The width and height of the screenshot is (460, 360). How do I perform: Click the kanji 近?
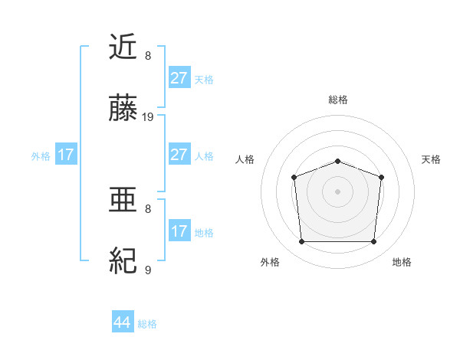(124, 48)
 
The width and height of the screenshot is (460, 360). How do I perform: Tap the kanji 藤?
(124, 110)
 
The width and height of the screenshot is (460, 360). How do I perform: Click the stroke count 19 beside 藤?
(148, 117)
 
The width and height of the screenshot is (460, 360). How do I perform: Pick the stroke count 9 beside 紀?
(148, 270)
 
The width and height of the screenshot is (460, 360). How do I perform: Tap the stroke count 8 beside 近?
(148, 55)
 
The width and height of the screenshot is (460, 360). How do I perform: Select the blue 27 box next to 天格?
(179, 77)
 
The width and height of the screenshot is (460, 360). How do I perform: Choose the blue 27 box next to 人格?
(179, 155)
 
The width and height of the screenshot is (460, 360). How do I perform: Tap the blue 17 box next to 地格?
(179, 231)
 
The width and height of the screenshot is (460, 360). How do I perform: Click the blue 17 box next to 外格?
(66, 155)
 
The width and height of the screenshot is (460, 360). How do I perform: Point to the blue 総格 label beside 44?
(147, 324)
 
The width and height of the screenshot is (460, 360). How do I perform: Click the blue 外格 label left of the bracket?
(41, 155)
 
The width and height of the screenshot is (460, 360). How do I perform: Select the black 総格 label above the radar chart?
(338, 100)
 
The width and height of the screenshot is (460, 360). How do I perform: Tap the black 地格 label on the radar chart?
(402, 262)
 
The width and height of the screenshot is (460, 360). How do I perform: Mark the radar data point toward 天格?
(381, 177)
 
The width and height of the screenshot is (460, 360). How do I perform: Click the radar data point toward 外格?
(301, 242)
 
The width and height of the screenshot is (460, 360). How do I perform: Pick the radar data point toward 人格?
(294, 177)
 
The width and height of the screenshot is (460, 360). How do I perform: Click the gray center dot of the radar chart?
(337, 191)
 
